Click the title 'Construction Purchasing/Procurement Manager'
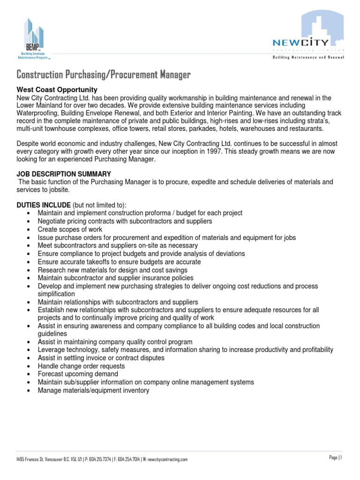tap(104, 75)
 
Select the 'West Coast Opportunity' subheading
tap(57, 90)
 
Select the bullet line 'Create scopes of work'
tap(70, 229)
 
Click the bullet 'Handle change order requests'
tap(81, 366)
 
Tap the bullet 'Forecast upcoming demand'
tap(78, 374)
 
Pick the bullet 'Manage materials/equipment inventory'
tap(93, 390)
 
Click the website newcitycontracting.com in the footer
tap(168, 460)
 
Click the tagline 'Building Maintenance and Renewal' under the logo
tap(308, 57)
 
